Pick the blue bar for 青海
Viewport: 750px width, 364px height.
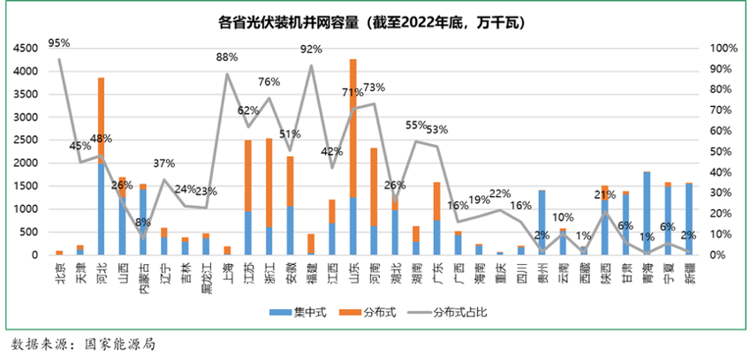coord(648,213)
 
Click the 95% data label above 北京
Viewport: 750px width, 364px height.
coord(59,42)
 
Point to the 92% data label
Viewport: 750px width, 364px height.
coord(311,49)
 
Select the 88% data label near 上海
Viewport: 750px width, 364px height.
coord(227,57)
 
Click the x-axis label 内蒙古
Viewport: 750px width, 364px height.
coord(143,275)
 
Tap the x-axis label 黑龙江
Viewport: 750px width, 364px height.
coord(206,275)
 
